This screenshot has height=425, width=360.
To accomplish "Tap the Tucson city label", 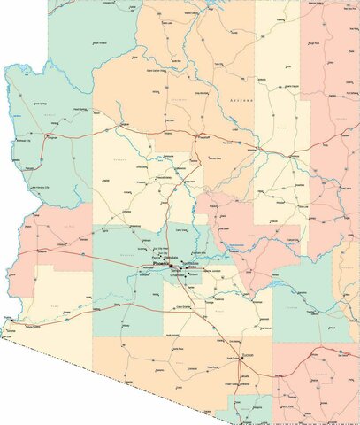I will click(x=249, y=357).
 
